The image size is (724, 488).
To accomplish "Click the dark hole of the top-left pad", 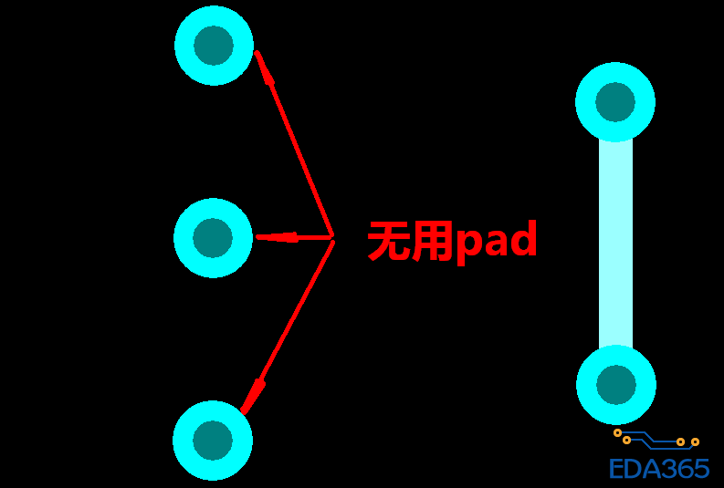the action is pyautogui.click(x=214, y=46).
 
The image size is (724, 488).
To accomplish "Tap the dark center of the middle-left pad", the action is pyautogui.click(x=213, y=238).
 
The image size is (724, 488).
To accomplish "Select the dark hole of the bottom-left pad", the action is pyautogui.click(x=213, y=440).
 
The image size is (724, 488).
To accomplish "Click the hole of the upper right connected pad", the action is pyautogui.click(x=615, y=102).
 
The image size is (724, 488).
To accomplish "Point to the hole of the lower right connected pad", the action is pyautogui.click(x=616, y=385).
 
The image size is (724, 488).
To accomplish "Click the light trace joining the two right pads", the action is pyautogui.click(x=616, y=244).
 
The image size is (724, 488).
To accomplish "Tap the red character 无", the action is pyautogui.click(x=388, y=241).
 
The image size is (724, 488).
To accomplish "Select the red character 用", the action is pyautogui.click(x=431, y=241).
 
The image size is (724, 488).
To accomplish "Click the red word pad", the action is pyautogui.click(x=497, y=242).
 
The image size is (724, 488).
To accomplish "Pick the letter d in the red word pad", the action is pyautogui.click(x=524, y=238).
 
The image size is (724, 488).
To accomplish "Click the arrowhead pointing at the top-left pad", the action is pyautogui.click(x=264, y=67).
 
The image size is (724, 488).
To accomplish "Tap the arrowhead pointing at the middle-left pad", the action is pyautogui.click(x=277, y=237).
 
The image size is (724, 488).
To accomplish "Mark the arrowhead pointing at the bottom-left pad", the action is pyautogui.click(x=253, y=397).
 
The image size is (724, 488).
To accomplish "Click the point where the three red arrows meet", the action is pyautogui.click(x=332, y=239).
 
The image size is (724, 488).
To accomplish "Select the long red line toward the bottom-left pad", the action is pyautogui.click(x=287, y=327).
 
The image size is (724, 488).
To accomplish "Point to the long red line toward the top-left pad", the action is pyautogui.click(x=294, y=144).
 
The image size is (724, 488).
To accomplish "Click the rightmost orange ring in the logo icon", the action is pyautogui.click(x=695, y=441).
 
